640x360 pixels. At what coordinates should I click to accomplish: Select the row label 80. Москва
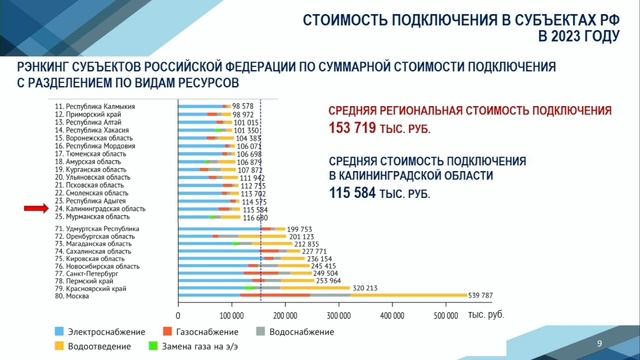(75, 295)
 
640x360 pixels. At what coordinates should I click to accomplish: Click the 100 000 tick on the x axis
(232, 314)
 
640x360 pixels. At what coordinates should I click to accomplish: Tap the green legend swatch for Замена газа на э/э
(152, 347)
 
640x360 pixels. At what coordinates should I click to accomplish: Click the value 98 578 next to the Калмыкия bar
(243, 106)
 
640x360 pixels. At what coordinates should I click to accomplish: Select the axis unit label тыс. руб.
(488, 315)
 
